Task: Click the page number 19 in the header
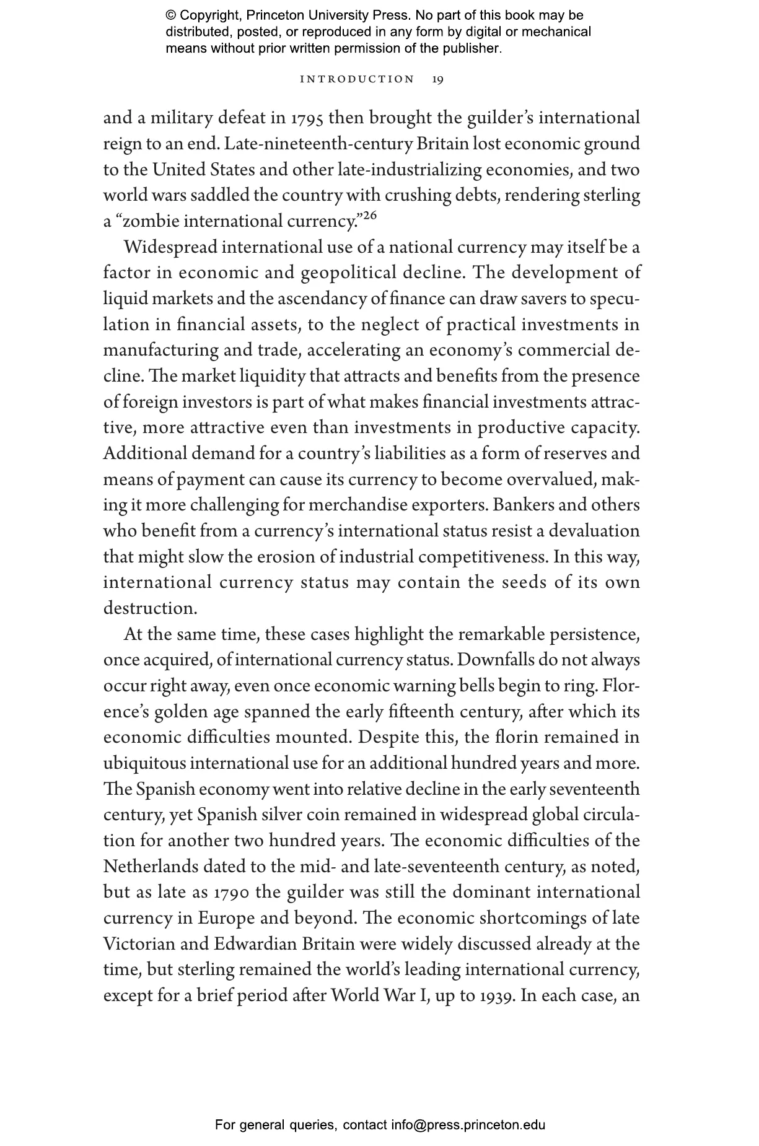pyautogui.click(x=437, y=79)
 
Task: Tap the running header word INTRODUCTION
pyautogui.click(x=357, y=79)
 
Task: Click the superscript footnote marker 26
pyautogui.click(x=369, y=216)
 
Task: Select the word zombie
pyautogui.click(x=148, y=221)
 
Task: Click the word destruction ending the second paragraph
pyautogui.click(x=150, y=608)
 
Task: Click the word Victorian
pyautogui.click(x=141, y=944)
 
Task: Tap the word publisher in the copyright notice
pyautogui.click(x=471, y=48)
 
